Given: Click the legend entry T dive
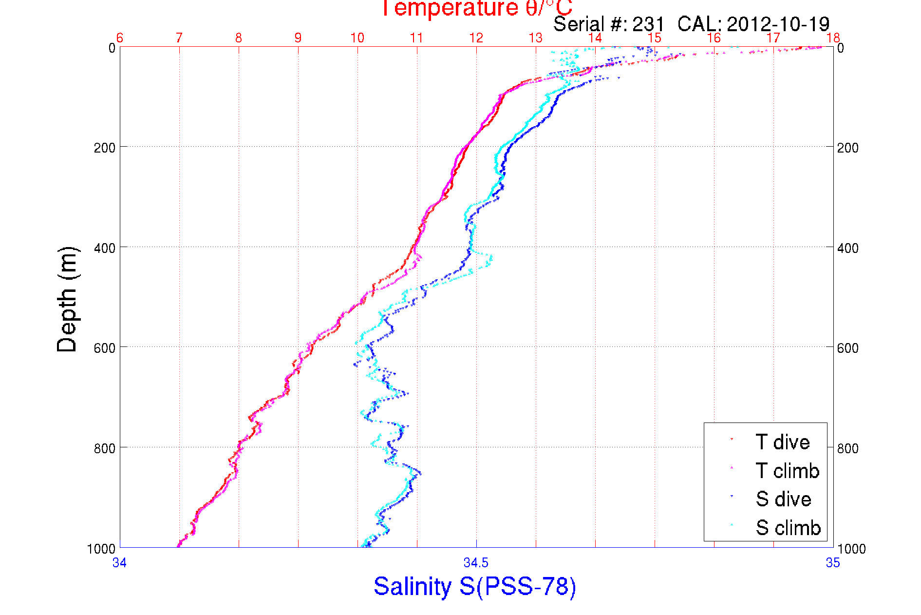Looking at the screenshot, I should point(782,442).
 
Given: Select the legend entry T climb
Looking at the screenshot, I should point(787,471).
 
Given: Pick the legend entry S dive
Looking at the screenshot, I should point(783,499).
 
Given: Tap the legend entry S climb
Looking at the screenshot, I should point(788,528).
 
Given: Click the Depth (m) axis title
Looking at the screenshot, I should point(67,299).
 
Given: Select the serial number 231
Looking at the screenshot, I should point(648,24).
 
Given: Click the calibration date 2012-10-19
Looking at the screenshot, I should point(778,24).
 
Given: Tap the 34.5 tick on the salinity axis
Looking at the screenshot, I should point(476,563).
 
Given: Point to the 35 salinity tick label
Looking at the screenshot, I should point(832,563).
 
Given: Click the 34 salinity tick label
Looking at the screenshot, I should point(119,563).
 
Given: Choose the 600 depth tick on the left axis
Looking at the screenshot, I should point(104,348).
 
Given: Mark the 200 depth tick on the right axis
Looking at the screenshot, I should point(847,148).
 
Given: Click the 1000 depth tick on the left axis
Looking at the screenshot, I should point(101,549).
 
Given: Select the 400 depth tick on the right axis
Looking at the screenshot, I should point(847,248).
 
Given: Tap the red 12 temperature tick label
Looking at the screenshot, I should point(476,38).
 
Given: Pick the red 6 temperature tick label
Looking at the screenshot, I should point(120,38).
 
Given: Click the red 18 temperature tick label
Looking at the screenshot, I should point(833,38).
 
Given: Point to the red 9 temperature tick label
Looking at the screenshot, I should point(298,38).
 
